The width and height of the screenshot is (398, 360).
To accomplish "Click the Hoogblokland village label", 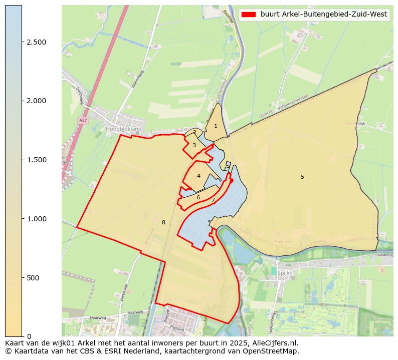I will point(124,129).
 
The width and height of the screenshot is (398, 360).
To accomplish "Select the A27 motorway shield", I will point(83,121).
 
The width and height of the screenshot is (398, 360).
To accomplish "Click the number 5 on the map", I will point(302,177).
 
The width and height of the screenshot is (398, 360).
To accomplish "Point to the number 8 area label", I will point(163,222).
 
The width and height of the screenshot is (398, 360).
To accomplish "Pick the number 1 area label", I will point(216,126).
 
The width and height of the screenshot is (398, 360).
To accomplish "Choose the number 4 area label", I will point(198,176).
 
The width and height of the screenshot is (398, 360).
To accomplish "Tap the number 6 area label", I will point(198,197).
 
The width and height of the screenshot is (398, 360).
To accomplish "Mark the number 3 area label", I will point(194,145).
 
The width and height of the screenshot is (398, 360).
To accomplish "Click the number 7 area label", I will point(213,200).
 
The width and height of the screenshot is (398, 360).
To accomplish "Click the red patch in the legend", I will point(249,15).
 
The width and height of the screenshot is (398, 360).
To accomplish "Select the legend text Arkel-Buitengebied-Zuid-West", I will point(324,15).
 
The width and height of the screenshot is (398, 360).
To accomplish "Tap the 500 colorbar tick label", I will point(33,278).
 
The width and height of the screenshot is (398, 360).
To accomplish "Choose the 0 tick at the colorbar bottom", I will point(29,336).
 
